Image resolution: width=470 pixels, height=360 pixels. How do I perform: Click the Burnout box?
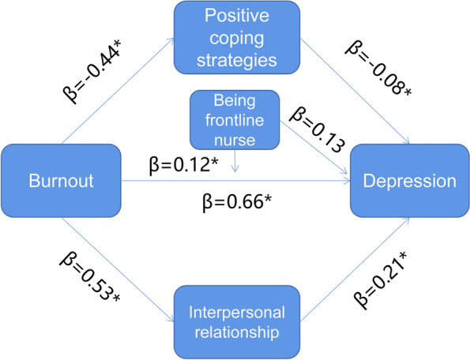tap(59, 181)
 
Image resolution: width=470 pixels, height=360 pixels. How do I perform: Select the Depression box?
tap(409, 181)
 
